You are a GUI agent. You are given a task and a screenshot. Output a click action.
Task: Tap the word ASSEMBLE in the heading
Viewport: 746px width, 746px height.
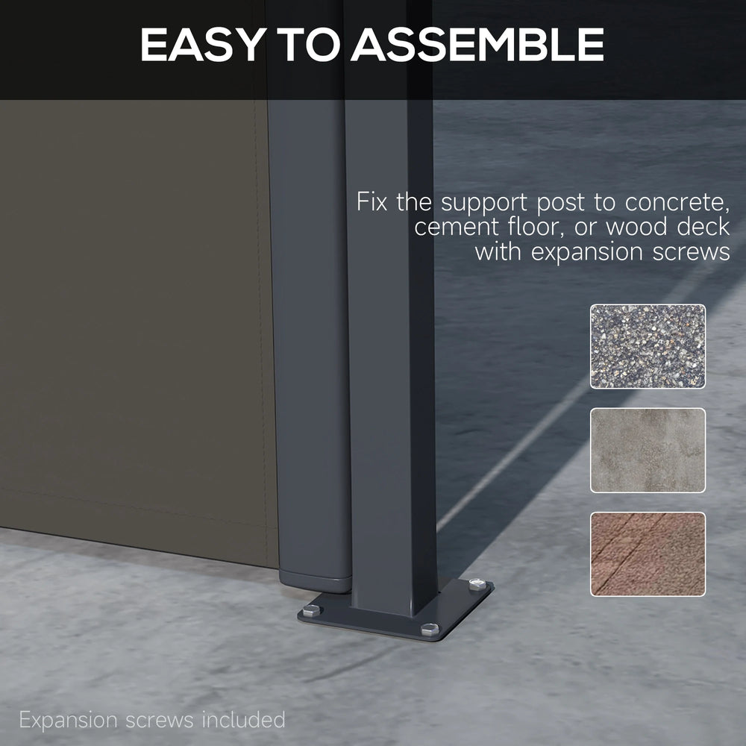[477, 44]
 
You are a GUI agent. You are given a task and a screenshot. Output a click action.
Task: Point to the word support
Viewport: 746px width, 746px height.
[484, 203]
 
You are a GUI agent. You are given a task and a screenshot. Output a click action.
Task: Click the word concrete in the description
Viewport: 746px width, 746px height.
[677, 203]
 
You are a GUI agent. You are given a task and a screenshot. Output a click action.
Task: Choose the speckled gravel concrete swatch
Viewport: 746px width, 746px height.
[648, 346]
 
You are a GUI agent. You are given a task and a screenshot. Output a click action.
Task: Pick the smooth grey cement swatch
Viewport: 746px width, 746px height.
[648, 450]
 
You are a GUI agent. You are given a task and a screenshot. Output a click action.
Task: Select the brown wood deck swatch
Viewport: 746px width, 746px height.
[648, 554]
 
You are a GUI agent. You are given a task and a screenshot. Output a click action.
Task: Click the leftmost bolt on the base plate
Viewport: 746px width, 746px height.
[311, 610]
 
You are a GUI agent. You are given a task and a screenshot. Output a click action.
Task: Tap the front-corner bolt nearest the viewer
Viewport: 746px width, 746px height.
[430, 630]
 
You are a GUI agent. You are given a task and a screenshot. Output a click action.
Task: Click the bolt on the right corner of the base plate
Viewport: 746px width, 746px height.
[477, 584]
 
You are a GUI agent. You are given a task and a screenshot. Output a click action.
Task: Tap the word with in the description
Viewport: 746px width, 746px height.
[498, 251]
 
